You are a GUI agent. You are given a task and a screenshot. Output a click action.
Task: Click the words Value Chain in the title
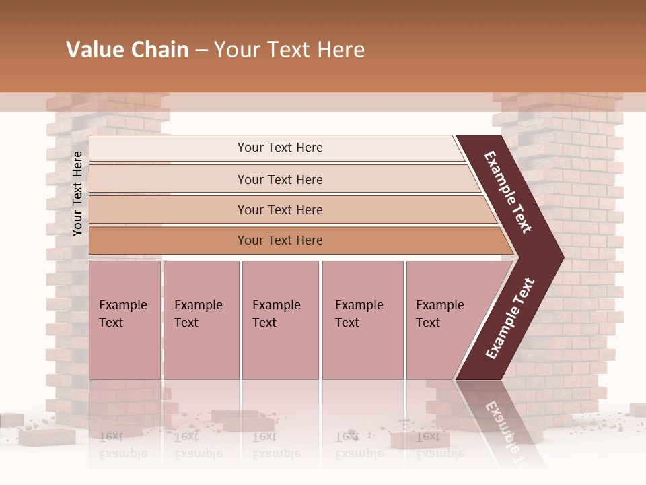click(127, 50)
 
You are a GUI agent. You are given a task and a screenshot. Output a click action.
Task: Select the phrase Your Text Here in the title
click(289, 50)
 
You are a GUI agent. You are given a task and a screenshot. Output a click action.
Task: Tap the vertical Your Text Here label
click(77, 193)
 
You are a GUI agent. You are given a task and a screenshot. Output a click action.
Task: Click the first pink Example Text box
click(124, 320)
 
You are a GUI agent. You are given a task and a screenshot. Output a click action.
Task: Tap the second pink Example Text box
click(201, 320)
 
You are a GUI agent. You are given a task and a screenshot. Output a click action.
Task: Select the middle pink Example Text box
click(280, 320)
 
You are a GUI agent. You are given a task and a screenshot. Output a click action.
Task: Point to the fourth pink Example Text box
click(363, 320)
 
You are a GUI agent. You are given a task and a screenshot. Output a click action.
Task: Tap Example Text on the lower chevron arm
click(510, 319)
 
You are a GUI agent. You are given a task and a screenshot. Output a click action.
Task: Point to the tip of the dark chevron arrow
click(562, 257)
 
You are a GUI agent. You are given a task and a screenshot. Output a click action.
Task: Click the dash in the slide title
click(201, 51)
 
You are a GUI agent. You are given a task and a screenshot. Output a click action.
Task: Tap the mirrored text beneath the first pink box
click(123, 445)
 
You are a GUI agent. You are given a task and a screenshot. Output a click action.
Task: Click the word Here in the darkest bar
click(308, 240)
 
